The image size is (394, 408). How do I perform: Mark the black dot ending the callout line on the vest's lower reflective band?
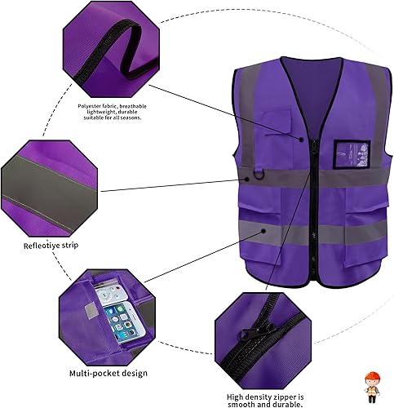(264, 231)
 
